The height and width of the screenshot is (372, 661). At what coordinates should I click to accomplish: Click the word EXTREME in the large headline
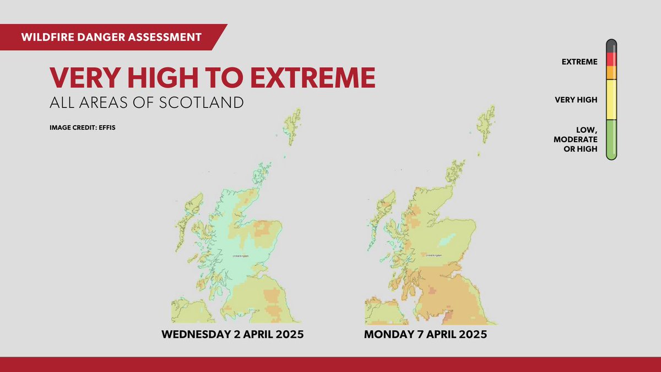pyautogui.click(x=313, y=78)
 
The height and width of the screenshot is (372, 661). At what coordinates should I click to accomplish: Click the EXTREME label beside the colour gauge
pyautogui.click(x=579, y=62)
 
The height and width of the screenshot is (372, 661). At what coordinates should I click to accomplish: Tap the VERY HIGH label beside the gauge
pyautogui.click(x=576, y=100)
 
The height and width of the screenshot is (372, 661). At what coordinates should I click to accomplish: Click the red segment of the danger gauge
pyautogui.click(x=611, y=59)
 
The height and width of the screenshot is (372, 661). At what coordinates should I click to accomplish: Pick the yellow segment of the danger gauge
pyautogui.click(x=611, y=100)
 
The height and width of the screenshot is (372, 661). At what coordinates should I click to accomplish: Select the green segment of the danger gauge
pyautogui.click(x=611, y=140)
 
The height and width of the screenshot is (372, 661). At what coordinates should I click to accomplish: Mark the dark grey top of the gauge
pyautogui.click(x=611, y=46)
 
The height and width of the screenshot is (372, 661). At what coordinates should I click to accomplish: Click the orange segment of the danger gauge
pyautogui.click(x=611, y=72)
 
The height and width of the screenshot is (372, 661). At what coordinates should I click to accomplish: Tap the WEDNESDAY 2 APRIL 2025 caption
pyautogui.click(x=232, y=335)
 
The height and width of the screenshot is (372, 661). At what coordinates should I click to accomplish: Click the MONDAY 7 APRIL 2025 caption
pyautogui.click(x=425, y=335)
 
